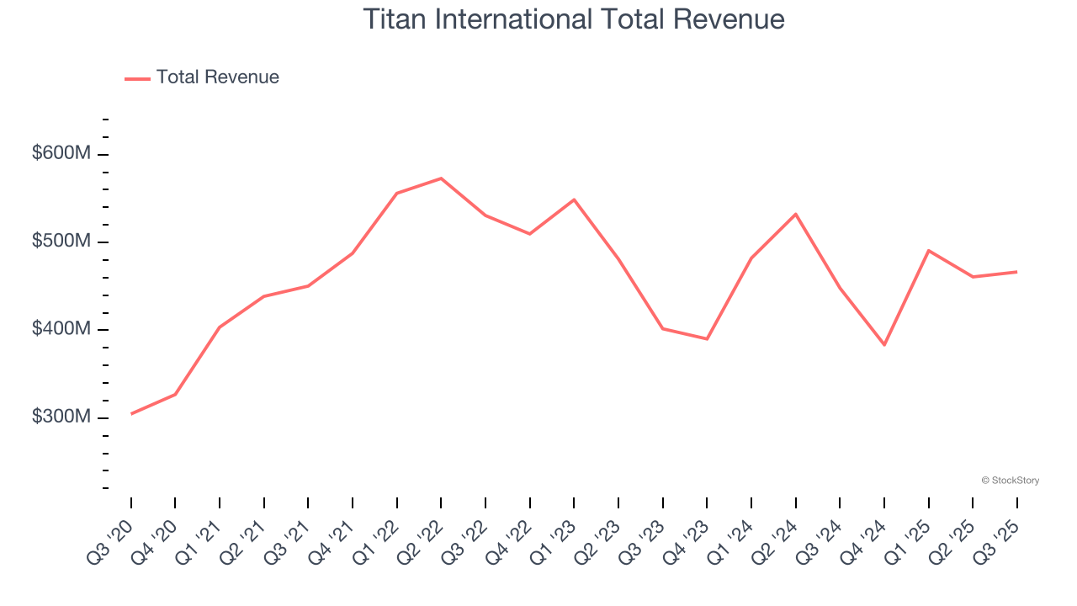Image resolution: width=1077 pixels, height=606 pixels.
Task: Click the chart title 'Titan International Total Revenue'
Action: click(574, 19)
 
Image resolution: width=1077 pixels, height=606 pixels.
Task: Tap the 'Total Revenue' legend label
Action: click(217, 77)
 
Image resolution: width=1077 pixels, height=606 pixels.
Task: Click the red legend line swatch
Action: click(137, 78)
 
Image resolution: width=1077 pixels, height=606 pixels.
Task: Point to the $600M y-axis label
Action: click(61, 154)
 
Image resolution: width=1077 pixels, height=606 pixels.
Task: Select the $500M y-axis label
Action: click(61, 242)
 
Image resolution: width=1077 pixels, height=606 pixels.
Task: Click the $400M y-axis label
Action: click(61, 329)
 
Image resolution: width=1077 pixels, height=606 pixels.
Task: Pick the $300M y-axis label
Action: click(61, 417)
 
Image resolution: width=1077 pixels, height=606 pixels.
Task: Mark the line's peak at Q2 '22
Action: click(441, 178)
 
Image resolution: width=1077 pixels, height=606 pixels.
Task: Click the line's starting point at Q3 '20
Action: click(131, 414)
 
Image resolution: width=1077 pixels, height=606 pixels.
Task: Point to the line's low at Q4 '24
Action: click(884, 345)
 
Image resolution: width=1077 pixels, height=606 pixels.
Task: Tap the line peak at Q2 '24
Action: click(796, 214)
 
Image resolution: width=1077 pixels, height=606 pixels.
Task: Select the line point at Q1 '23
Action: click(574, 199)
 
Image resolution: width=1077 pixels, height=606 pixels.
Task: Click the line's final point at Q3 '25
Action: click(1017, 272)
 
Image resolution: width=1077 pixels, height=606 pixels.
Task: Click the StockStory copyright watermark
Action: click(1010, 481)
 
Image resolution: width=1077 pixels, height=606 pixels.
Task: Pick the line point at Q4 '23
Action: click(707, 339)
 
